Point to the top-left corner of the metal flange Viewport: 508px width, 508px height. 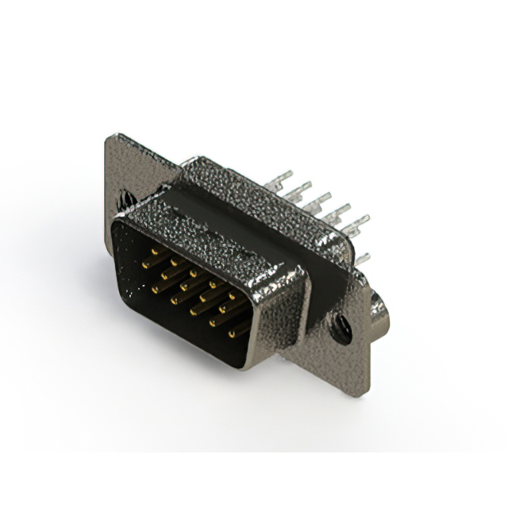110,137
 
